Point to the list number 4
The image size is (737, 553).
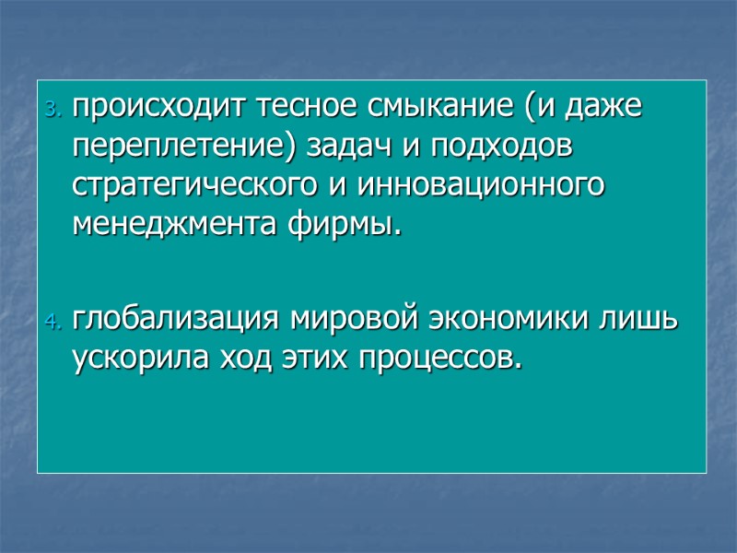click(52, 324)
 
